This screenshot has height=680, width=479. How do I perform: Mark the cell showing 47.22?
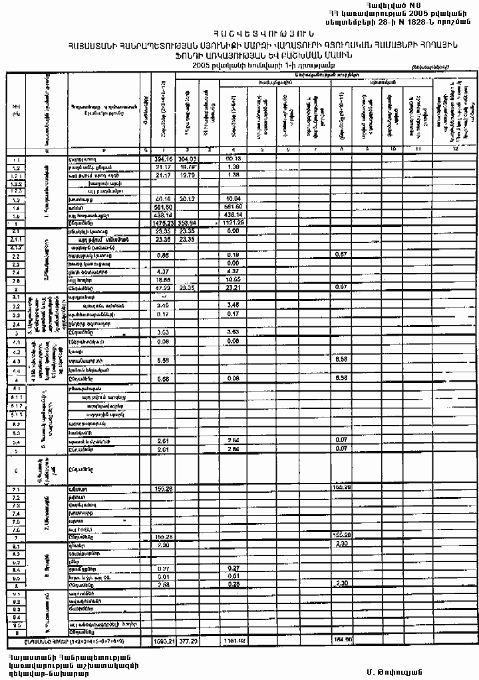coord(164,288)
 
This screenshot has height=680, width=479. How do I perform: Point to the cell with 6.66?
coord(164,378)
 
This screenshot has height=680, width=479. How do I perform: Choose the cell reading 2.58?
coord(164,585)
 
